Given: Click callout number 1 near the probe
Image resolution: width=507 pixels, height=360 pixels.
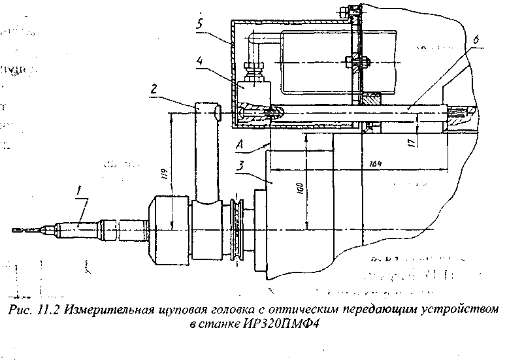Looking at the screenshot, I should (79, 191).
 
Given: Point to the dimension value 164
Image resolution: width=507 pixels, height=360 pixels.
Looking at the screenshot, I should (374, 163).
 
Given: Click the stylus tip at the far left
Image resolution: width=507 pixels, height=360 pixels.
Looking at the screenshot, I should (16, 229).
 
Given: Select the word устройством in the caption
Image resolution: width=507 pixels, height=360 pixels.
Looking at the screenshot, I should (466, 310).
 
